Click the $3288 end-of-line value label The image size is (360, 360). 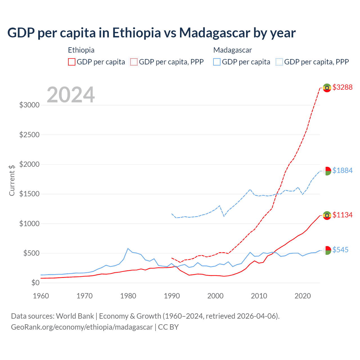[342, 87]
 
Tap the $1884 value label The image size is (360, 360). [342, 170]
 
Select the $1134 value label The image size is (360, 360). [342, 215]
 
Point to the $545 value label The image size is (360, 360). [340, 250]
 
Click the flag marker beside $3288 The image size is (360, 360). [327, 88]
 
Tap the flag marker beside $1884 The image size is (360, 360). [327, 171]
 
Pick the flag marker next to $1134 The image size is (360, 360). [327, 215]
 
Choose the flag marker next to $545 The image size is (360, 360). [327, 250]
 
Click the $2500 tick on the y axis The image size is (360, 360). [29, 135]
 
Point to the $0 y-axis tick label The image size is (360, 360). [35, 283]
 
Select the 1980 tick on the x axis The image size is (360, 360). [128, 296]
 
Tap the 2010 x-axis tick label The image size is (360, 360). [259, 296]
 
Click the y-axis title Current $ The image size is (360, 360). [12, 180]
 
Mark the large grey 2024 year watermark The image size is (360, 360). [71, 95]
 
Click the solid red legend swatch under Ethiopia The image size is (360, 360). [72, 62]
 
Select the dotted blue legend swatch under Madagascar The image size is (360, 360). [279, 62]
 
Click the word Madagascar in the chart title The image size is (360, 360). [215, 33]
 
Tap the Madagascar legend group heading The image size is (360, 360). [233, 50]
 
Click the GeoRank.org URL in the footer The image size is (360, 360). [82, 327]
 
